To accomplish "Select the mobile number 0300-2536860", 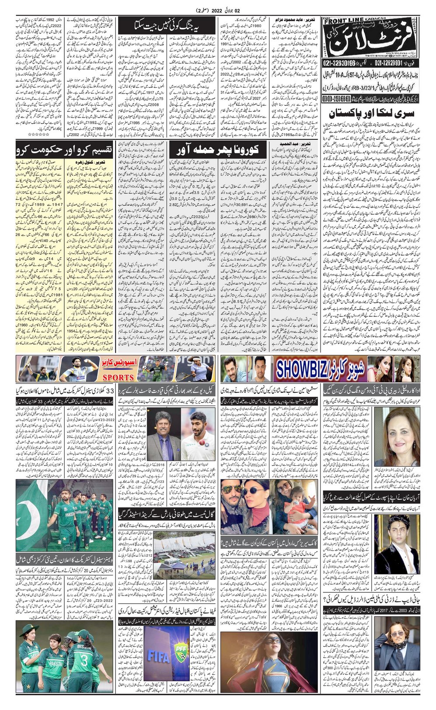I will pos(339,100).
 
